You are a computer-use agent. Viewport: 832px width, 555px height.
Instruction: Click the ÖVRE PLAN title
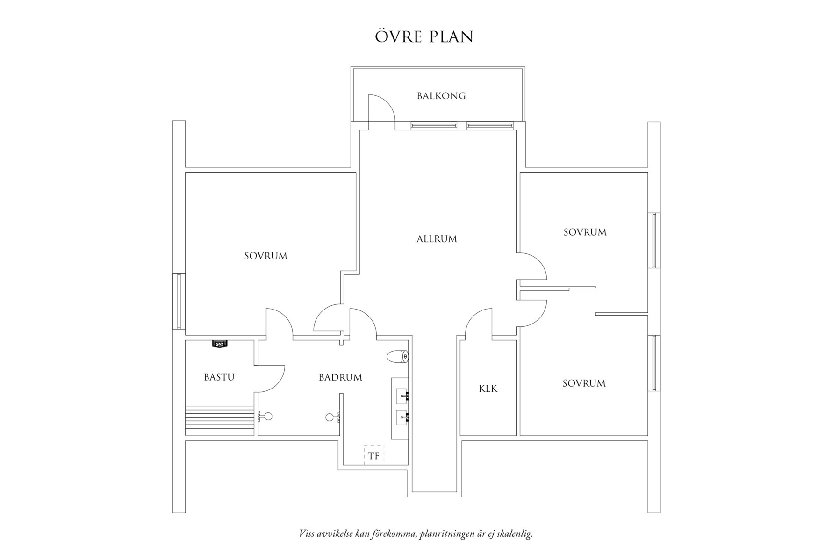tap(424, 37)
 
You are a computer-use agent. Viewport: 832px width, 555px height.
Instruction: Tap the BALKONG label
tap(441, 96)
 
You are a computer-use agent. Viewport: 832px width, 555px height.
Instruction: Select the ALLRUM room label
tap(437, 239)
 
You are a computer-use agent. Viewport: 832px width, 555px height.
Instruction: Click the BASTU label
tap(219, 377)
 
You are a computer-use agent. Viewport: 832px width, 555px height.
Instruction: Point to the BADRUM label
tap(340, 377)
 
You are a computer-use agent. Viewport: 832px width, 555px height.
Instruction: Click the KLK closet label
tap(488, 389)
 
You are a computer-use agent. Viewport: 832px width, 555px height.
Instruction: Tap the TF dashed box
tap(374, 454)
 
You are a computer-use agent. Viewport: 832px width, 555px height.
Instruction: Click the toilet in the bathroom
tap(398, 357)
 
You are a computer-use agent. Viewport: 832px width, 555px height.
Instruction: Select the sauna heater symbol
tap(219, 344)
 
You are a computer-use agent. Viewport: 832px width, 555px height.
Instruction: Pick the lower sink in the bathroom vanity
tap(402, 417)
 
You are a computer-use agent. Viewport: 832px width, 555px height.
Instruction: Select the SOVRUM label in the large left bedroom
tap(265, 256)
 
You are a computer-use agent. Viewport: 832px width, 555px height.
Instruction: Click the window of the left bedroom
tap(179, 301)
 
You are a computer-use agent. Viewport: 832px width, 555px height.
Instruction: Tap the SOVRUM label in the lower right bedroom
tap(584, 383)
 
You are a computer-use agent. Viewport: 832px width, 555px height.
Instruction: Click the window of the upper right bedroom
tap(654, 240)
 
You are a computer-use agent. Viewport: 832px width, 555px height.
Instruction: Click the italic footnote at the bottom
tap(416, 534)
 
